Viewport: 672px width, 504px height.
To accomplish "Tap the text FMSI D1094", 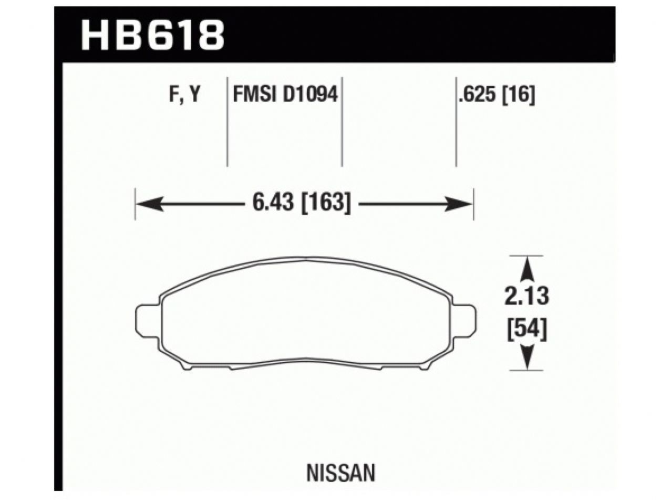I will pos(284,95).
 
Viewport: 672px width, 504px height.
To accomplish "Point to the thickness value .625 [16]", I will pos(497,95).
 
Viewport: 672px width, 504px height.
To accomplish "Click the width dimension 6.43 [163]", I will pos(302,203).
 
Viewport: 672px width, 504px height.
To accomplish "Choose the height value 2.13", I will pos(527,297).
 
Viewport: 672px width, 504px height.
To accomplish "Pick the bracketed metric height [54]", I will pos(527,330).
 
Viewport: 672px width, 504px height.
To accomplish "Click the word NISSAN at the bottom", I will pos(341,472).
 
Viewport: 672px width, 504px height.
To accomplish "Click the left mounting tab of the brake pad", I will pos(147,320).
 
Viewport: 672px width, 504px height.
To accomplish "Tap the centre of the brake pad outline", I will pos(306,315).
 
